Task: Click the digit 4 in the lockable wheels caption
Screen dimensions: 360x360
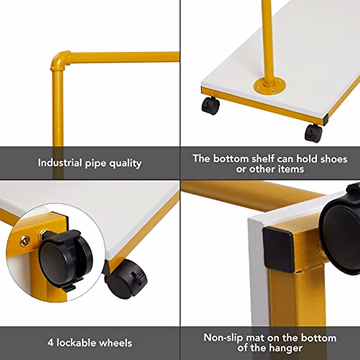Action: coord(50,342)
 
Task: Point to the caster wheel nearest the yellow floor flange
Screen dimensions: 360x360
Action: coord(211,106)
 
